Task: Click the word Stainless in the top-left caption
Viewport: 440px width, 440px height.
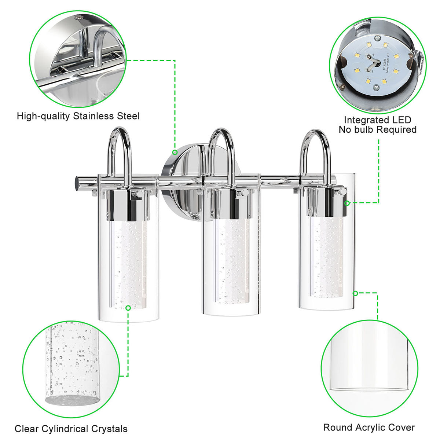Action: [93, 116]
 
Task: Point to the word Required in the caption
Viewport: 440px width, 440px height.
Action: [397, 130]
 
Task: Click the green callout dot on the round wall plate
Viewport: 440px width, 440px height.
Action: [175, 152]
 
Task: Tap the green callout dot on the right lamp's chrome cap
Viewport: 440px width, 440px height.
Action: [347, 203]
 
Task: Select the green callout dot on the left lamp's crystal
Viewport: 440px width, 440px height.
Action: [128, 308]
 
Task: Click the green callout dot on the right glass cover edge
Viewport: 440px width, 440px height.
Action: [355, 293]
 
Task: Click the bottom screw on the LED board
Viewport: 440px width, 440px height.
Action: [376, 88]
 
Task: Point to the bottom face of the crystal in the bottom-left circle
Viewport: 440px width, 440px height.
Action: [72, 398]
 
